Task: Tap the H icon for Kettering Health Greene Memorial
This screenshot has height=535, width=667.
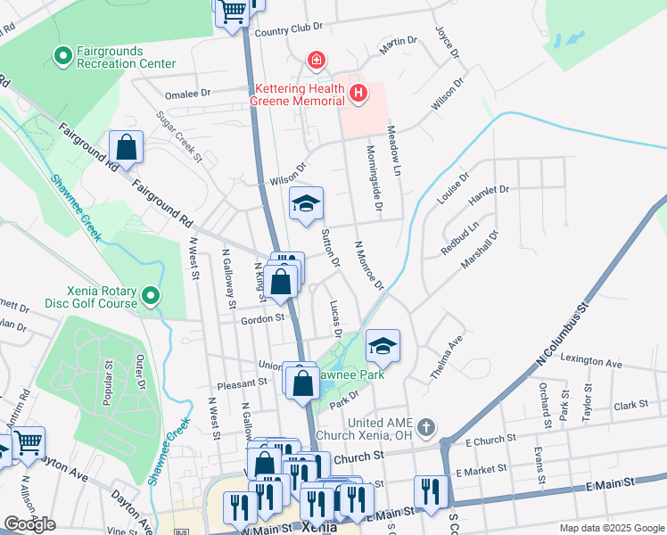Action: pyautogui.click(x=358, y=93)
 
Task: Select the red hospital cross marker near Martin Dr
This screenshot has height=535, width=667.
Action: pyautogui.click(x=314, y=61)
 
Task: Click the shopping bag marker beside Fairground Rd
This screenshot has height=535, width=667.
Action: pyautogui.click(x=127, y=147)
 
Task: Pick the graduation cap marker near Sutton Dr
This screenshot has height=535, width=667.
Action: pyautogui.click(x=306, y=203)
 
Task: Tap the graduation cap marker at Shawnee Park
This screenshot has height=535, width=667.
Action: pyautogui.click(x=383, y=346)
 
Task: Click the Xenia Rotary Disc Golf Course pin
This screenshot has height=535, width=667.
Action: pyautogui.click(x=151, y=295)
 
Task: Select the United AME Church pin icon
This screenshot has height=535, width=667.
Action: pyautogui.click(x=426, y=427)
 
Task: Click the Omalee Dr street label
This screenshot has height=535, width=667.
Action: pyautogui.click(x=187, y=93)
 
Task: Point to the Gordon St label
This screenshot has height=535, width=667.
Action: pyautogui.click(x=259, y=317)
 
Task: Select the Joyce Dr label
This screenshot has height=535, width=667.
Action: pyautogui.click(x=446, y=41)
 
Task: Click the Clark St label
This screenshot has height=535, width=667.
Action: pyautogui.click(x=630, y=405)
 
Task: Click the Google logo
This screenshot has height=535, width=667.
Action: pyautogui.click(x=29, y=523)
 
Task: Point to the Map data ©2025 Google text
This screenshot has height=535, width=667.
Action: pyautogui.click(x=611, y=528)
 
